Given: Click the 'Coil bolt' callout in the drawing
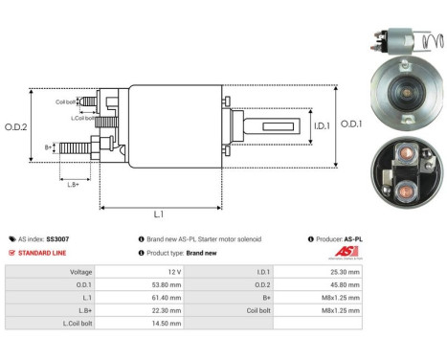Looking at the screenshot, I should [x=66, y=100].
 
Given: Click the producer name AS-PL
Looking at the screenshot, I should [x=353, y=238].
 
